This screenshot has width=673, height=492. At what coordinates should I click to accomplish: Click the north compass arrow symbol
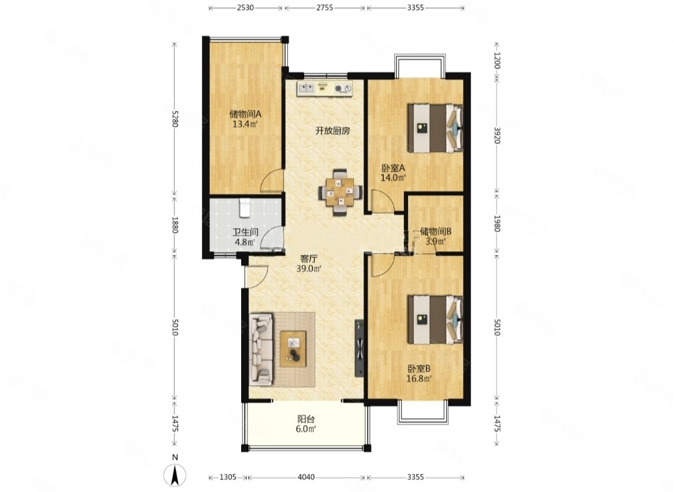pos(174,475)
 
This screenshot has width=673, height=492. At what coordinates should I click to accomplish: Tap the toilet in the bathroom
pos(245,208)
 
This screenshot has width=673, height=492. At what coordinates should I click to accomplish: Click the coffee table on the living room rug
pos(293,349)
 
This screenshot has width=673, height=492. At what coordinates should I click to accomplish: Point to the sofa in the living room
pos(261,349)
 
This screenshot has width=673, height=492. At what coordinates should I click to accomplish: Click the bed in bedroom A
pos(435,128)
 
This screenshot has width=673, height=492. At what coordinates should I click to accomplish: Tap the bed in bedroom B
pos(435,319)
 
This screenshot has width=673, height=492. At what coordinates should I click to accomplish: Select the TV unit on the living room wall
pos(360,348)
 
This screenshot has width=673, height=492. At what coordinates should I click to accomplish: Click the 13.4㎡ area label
pos(245,125)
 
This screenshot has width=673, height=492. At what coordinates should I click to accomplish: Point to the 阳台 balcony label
pos(306,418)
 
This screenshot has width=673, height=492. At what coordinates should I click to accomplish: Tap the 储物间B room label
pos(435,231)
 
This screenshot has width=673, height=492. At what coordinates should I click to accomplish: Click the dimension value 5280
pos(174,118)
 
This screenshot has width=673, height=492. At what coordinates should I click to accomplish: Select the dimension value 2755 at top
pos(325,7)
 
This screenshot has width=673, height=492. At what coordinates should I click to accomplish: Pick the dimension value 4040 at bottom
pos(306,477)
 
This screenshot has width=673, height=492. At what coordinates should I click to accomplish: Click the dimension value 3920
pos(497,135)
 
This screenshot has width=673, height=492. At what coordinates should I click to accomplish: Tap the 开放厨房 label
pos(333,131)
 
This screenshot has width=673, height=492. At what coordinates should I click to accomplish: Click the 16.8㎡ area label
pos(419,379)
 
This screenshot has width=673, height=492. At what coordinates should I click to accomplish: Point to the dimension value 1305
pos(227,477)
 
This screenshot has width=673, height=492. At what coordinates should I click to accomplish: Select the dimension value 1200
pos(497,60)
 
